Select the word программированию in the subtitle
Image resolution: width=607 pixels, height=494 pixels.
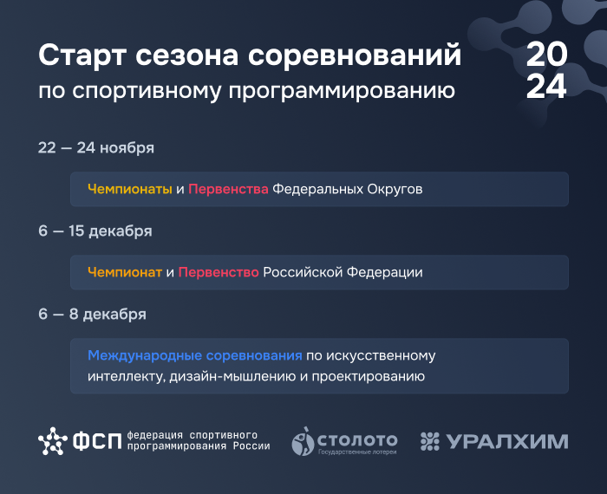(x=342, y=92)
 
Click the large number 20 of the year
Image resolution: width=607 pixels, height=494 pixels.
(x=546, y=54)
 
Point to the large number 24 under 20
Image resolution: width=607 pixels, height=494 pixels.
(x=546, y=86)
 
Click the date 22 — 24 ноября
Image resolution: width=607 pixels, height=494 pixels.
(x=96, y=148)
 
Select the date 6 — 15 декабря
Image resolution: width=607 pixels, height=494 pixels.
(x=95, y=231)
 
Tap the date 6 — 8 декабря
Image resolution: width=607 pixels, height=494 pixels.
(x=92, y=314)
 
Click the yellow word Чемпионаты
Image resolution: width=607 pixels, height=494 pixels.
(x=130, y=189)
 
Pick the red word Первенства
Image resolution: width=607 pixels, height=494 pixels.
(x=228, y=189)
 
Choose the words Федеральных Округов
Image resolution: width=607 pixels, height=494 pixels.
(x=347, y=189)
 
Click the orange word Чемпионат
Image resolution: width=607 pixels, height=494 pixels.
(x=125, y=272)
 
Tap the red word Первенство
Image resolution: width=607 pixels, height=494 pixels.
(x=219, y=272)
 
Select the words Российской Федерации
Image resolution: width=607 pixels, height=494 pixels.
(x=343, y=272)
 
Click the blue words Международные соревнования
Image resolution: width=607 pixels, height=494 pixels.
(x=195, y=355)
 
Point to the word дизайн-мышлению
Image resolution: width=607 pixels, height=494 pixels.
(x=232, y=376)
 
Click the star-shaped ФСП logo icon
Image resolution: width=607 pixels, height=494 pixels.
(x=53, y=441)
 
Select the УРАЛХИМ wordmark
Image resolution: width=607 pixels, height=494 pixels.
(x=507, y=441)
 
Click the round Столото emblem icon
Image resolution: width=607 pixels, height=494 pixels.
(x=303, y=441)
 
